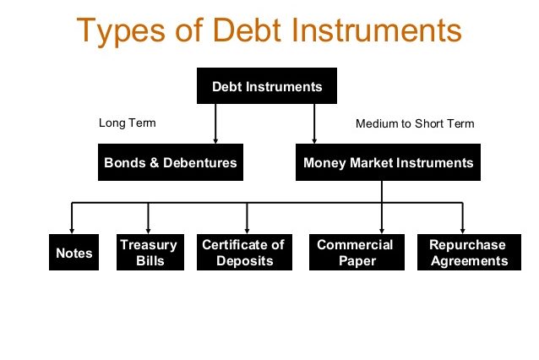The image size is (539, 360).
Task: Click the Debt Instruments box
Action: point(267,85)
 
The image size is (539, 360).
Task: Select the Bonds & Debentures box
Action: point(171,162)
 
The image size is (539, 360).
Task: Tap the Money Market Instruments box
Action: point(388,162)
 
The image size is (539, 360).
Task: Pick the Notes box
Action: point(73,253)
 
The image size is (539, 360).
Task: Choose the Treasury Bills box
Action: point(150,253)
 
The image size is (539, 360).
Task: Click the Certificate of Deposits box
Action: point(244,253)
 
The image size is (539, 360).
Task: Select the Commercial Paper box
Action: point(357,253)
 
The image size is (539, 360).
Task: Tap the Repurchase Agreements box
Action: point(469,253)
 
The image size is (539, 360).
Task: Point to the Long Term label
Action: point(128,123)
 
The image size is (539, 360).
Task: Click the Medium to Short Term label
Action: point(415,123)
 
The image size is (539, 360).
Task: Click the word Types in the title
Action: point(121,31)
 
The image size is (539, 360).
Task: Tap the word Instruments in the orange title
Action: point(377,30)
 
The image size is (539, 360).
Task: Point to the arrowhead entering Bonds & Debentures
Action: point(215,140)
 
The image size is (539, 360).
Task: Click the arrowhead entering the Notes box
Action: point(72,231)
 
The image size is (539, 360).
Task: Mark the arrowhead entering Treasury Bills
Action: point(148,231)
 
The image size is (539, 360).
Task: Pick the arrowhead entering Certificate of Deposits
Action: point(247,231)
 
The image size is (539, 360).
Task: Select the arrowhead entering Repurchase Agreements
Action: point(463,231)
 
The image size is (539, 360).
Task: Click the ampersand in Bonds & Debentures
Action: point(155,162)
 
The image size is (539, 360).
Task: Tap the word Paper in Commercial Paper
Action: point(357,261)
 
